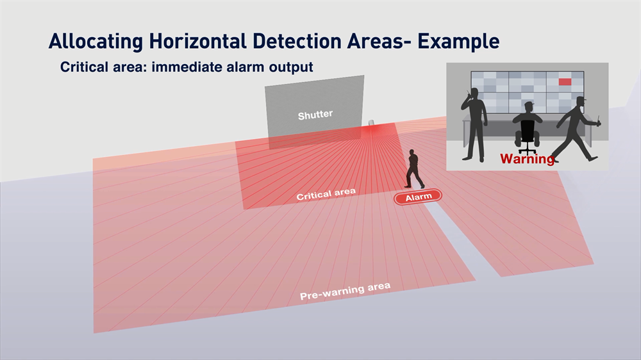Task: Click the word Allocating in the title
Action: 96,42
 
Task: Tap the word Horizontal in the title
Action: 198,41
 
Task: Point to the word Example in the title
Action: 458,42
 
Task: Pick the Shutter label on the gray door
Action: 315,115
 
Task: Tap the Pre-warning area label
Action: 345,291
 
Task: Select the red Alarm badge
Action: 418,197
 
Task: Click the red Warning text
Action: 528,159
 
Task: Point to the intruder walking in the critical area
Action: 413,168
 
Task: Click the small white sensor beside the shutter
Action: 371,122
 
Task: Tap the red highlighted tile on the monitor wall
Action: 565,82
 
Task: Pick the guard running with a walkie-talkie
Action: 576,128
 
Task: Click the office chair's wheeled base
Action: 528,149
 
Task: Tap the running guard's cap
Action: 581,99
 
